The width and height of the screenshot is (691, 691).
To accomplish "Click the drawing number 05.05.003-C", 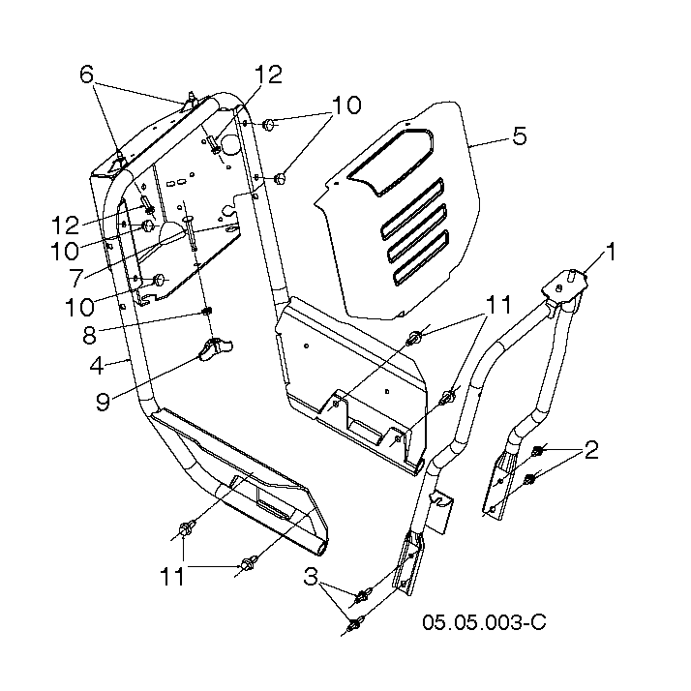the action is tap(484, 622).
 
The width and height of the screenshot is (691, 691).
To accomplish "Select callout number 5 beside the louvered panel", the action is tap(520, 135).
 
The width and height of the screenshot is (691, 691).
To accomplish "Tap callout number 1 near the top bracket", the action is tap(611, 252).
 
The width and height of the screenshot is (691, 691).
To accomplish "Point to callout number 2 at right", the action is tap(591, 450).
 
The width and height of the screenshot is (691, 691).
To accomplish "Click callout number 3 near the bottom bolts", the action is tap(311, 577).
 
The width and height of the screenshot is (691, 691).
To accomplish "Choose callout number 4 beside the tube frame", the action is tap(97, 366).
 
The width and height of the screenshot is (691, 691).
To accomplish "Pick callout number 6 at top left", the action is tap(87, 74).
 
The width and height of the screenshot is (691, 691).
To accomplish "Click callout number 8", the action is tap(89, 336).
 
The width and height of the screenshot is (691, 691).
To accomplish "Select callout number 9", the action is tap(103, 402).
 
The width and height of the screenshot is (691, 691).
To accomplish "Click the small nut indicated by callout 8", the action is tap(207, 311).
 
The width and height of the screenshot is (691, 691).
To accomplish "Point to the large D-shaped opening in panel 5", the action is tap(391, 162).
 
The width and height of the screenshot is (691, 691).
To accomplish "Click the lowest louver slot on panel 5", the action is tap(420, 257).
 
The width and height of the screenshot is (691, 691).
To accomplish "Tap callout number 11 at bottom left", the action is tap(172, 577).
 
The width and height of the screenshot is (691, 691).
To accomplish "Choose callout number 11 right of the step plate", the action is tap(498, 305).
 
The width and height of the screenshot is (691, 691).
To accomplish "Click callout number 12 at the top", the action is tap(268, 74).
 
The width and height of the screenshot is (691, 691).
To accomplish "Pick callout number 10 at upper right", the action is tap(346, 105).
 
